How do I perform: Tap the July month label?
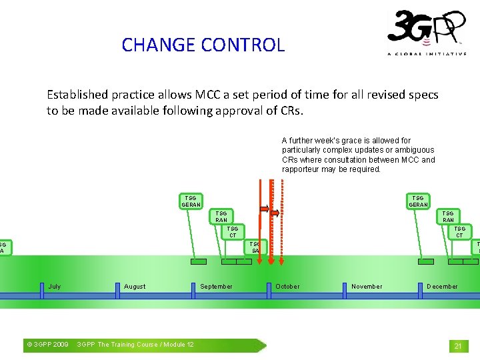click(55, 287)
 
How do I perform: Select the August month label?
click(135, 287)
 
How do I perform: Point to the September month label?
click(217, 287)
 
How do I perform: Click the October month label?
click(287, 287)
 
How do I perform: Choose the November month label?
click(367, 287)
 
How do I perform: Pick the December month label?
click(442, 287)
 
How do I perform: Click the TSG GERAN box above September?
click(191, 201)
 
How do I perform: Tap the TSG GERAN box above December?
click(418, 201)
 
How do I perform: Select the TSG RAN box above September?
click(221, 216)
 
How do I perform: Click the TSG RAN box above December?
click(448, 216)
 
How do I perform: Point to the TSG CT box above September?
click(233, 231)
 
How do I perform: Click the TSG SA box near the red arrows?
click(255, 247)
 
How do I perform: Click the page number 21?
click(458, 346)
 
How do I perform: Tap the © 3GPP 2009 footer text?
click(47, 345)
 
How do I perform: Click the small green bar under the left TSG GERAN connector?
click(199, 262)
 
